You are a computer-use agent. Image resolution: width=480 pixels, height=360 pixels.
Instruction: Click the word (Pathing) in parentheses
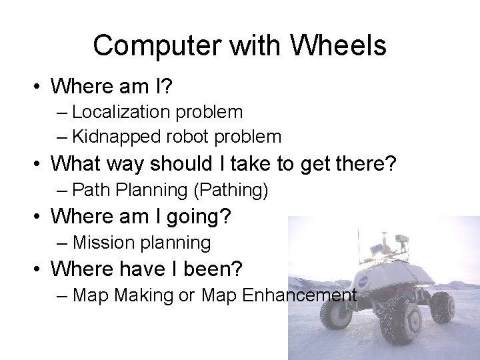[x=231, y=190]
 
